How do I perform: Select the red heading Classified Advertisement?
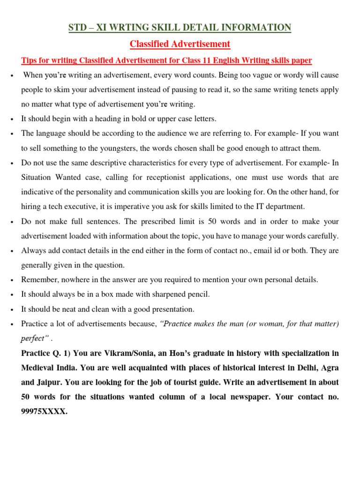pos(180,44)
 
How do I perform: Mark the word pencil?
pos(197,294)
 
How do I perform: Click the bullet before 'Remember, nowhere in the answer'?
pos(10,280)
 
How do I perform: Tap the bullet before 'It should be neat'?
pos(10,309)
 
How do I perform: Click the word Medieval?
pos(40,367)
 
